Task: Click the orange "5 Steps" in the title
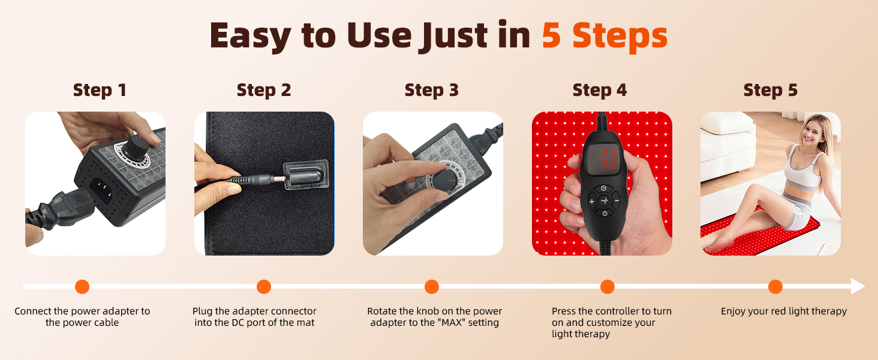coord(605,36)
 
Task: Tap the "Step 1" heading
coord(100,90)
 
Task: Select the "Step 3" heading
coord(432,90)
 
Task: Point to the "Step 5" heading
coord(770,90)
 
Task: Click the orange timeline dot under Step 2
coord(264,287)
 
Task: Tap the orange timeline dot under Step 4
coord(607,287)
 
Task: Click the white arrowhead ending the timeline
coord(858,286)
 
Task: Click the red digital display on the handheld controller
coord(603,159)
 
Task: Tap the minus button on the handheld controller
coord(617,201)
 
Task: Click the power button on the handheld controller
coord(605,214)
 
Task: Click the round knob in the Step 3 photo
coord(444,181)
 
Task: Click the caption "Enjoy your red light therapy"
coord(783,311)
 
